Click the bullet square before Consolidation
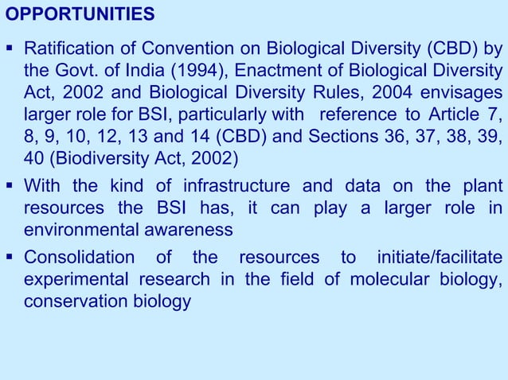pyautogui.click(x=12, y=258)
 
